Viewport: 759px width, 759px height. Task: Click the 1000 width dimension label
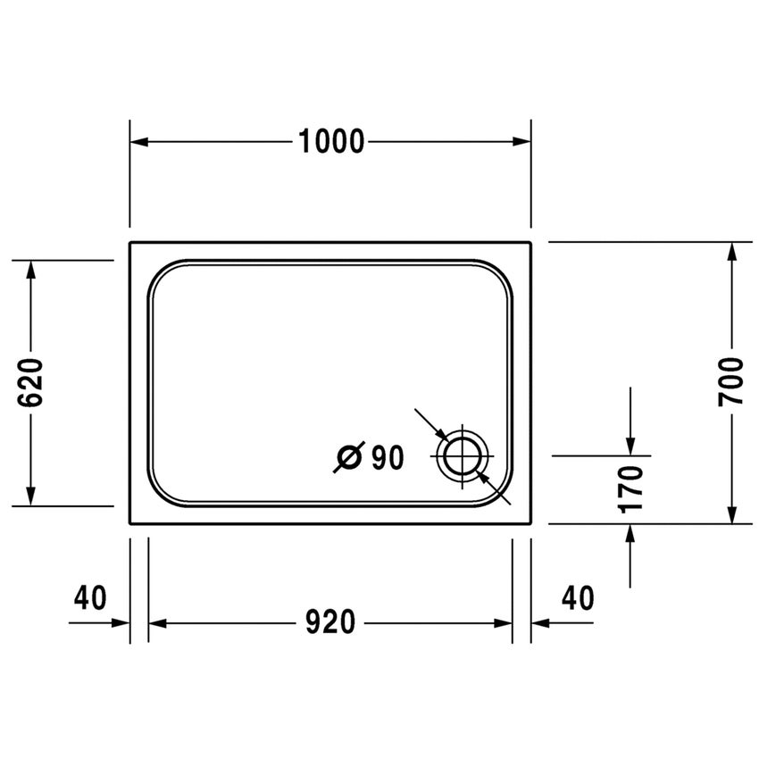click(x=331, y=141)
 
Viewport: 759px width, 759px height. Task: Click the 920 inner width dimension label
click(x=330, y=622)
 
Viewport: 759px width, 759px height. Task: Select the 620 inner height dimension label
click(x=31, y=382)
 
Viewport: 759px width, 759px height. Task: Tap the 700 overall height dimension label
click(x=731, y=381)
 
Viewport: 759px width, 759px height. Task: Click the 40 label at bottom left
click(x=90, y=597)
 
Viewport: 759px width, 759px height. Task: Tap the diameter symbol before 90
click(x=349, y=458)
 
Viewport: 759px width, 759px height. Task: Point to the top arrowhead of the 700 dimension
click(x=732, y=251)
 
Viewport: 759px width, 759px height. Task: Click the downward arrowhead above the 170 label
click(x=630, y=446)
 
